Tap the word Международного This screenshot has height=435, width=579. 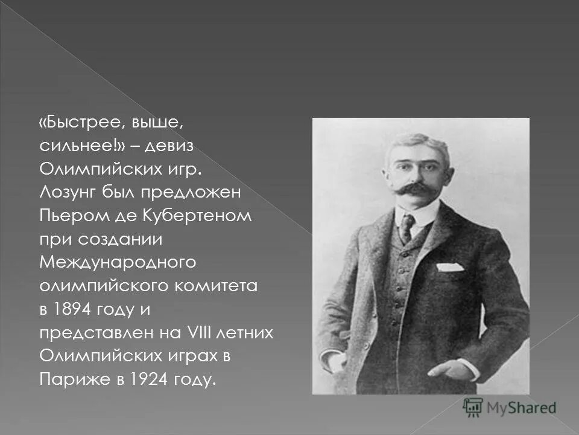click(118, 263)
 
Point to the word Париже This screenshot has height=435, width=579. click(67, 379)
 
